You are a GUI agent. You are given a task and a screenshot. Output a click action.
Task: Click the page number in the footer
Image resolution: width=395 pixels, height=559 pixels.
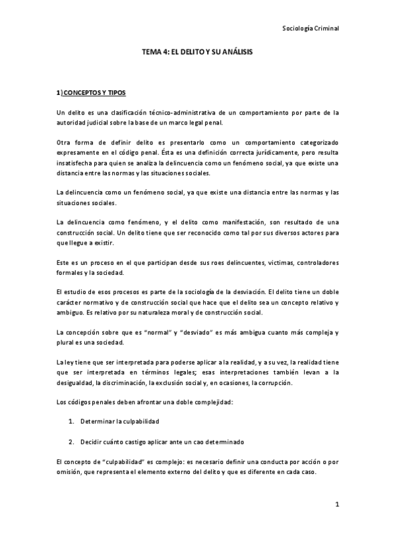pyautogui.click(x=336, y=505)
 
